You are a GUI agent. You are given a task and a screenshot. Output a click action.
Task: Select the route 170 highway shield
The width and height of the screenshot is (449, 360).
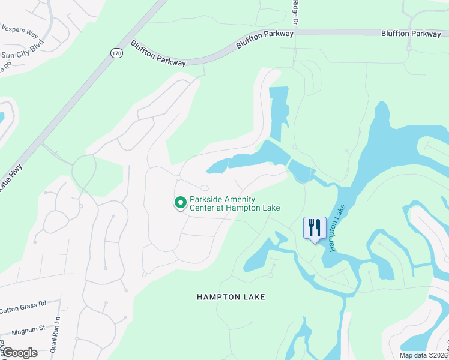click(x=116, y=53)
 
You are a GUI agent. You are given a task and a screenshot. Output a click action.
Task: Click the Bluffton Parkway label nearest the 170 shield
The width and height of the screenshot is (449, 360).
click(x=157, y=53)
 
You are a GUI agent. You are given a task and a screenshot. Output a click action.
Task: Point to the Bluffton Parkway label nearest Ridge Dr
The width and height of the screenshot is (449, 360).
click(x=264, y=38)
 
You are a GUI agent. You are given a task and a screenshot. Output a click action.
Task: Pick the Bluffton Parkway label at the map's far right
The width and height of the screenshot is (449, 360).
click(x=411, y=34)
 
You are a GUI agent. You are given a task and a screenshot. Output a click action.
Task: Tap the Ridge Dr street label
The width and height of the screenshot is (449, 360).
click(x=295, y=12)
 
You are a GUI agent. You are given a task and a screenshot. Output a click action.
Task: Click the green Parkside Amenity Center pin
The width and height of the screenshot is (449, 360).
click(x=179, y=203)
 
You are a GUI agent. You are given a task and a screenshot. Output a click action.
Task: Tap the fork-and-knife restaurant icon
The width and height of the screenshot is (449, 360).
click(x=315, y=228)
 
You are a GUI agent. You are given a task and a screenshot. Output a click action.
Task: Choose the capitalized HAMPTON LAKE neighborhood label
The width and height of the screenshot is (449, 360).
click(x=231, y=297)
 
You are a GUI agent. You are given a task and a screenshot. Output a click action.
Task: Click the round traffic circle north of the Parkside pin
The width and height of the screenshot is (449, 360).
click(x=178, y=178)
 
